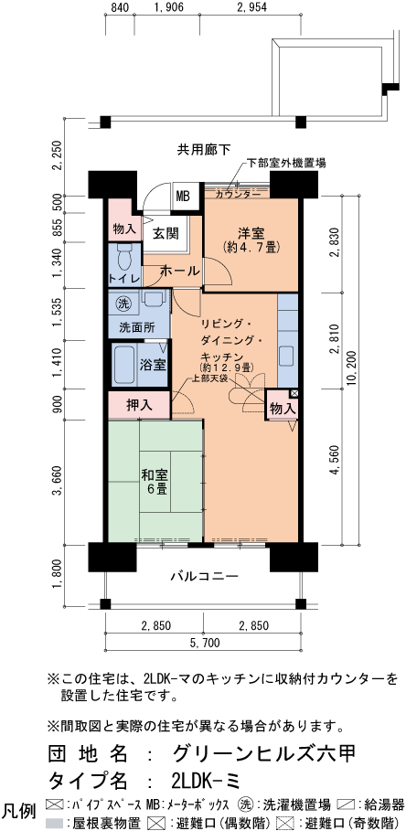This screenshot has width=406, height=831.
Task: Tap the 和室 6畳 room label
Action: (x=153, y=482)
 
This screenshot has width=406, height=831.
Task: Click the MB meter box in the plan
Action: (x=183, y=195)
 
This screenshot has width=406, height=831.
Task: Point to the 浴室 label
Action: (x=153, y=365)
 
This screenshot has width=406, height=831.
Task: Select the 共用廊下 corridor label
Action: (x=203, y=149)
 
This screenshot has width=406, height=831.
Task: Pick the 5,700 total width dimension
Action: (x=204, y=644)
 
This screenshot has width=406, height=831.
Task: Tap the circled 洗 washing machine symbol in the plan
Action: (x=123, y=303)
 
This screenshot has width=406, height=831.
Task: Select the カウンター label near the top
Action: (x=237, y=195)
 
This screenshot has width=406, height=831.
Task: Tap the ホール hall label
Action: (x=179, y=272)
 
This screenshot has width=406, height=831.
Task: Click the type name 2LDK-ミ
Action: (x=216, y=780)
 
